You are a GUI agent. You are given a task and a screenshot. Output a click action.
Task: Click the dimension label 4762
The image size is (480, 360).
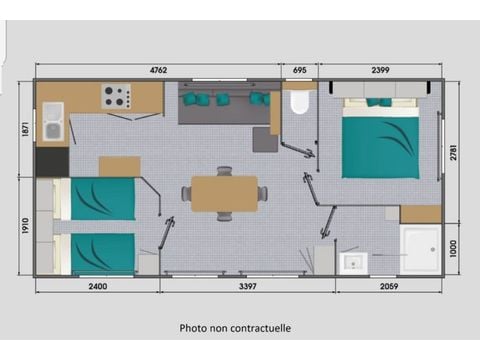coord(157,70)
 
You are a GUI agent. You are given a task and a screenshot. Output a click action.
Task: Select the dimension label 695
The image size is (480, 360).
coord(299,70)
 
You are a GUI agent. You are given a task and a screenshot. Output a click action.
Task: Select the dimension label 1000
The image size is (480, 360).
coord(456,248)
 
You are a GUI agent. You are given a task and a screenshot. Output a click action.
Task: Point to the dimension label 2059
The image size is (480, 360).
coord(389,287)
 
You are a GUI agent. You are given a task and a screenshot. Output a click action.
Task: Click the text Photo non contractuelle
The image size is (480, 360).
coord(236,327)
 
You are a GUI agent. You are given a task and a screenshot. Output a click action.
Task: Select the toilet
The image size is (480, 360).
coord(299,103)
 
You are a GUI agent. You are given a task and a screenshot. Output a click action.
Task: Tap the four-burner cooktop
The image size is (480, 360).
coord(116,98)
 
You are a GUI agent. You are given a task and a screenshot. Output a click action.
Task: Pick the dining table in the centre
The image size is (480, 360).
coord(224,193)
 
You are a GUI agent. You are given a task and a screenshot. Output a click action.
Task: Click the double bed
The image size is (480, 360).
coord(379,140)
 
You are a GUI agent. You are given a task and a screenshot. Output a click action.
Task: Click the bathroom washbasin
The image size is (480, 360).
coord(353,263)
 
